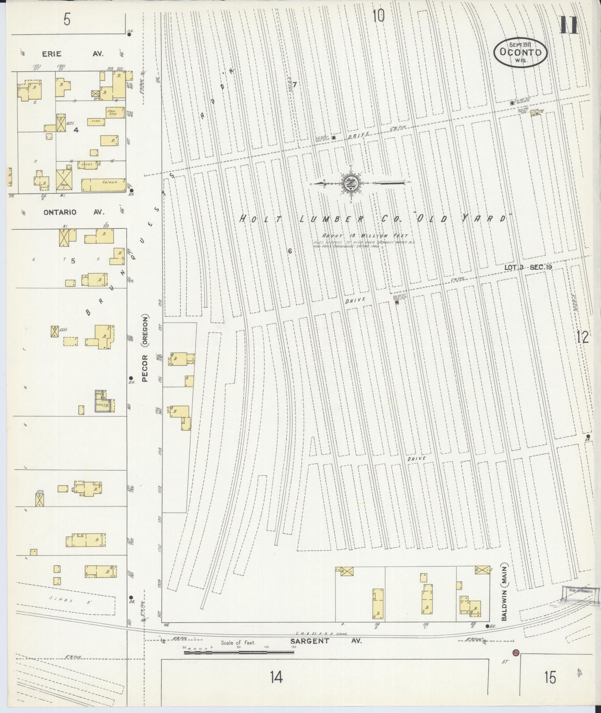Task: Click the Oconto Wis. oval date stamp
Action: (x=521, y=52)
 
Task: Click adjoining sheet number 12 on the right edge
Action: (x=582, y=337)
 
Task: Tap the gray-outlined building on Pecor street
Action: (x=103, y=401)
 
